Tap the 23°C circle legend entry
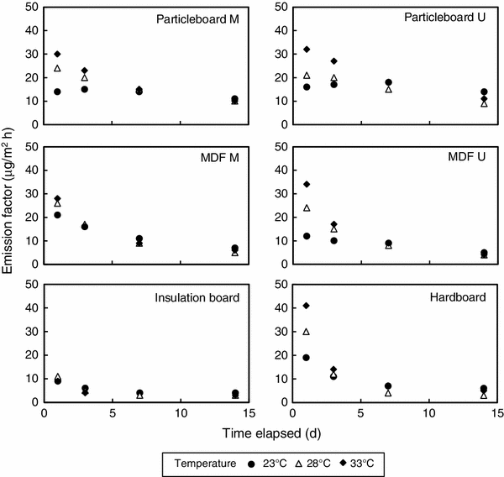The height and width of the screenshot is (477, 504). [265, 461]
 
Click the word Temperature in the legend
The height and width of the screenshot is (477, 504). [206, 461]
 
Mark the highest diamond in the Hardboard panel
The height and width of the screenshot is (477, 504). [307, 305]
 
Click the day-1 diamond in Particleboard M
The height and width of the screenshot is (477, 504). [57, 54]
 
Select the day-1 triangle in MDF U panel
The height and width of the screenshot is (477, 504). [307, 207]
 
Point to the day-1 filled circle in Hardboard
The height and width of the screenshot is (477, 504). [307, 357]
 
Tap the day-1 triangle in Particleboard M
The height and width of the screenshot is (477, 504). [57, 69]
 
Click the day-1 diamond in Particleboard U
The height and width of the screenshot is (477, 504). [307, 49]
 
